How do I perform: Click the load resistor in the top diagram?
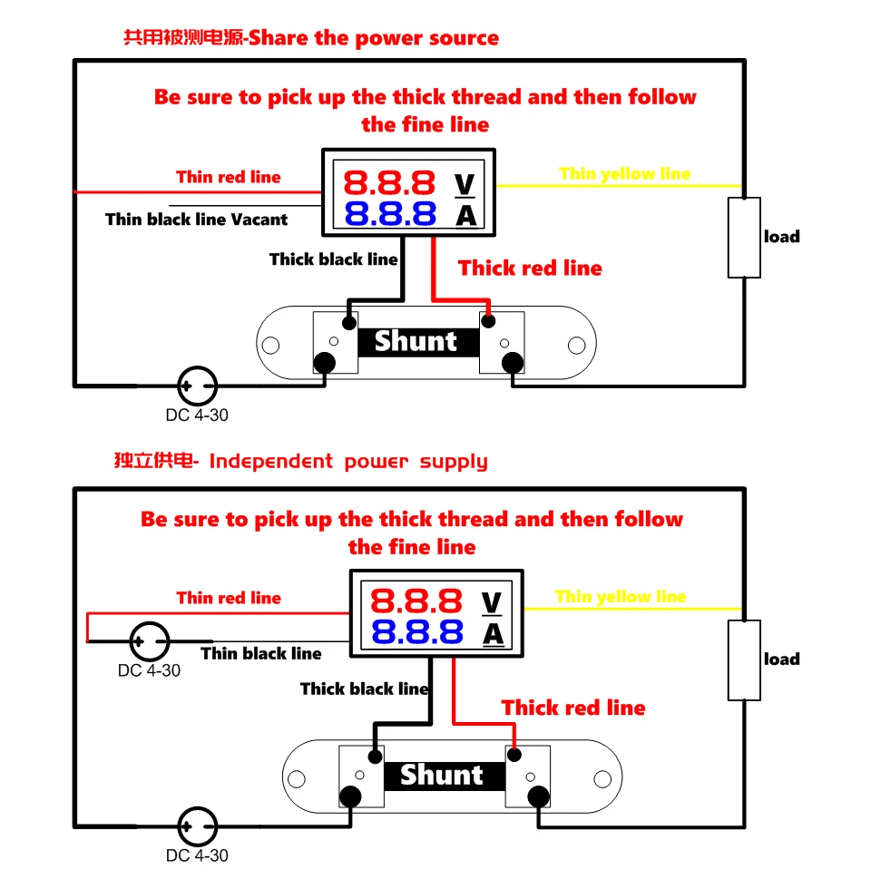point(744,238)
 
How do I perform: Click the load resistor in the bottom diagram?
point(744,660)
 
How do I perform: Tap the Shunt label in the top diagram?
point(416,342)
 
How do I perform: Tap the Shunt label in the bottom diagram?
point(441,775)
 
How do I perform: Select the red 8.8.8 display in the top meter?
point(390,183)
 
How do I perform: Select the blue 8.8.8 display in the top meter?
point(390,214)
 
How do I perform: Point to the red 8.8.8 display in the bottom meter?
point(416,601)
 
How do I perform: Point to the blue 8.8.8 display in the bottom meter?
point(416,631)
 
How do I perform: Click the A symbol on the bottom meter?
point(492,633)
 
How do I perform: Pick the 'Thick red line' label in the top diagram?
point(530,268)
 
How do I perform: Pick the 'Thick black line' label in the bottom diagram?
point(364,689)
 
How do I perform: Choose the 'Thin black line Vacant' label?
point(196,219)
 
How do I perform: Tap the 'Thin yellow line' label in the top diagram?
point(624,173)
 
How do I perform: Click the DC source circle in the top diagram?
point(196,386)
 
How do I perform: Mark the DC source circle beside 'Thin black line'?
point(150,640)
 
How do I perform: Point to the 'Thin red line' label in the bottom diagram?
point(229,598)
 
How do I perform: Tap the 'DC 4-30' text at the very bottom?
point(197,855)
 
